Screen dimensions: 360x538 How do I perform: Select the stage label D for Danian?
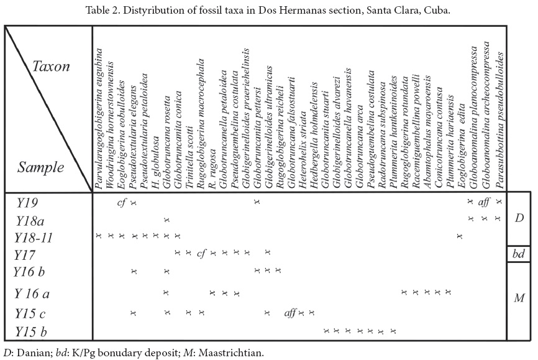[x=520, y=218]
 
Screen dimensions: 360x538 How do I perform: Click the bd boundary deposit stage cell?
[x=519, y=254]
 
